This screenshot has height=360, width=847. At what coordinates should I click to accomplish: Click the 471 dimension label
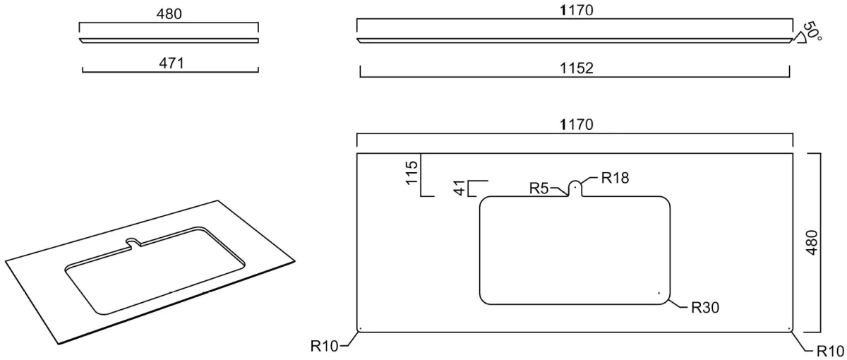pos(172,63)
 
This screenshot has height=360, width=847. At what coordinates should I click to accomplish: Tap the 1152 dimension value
pos(576,68)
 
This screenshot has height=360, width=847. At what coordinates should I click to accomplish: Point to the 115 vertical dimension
pos(412,172)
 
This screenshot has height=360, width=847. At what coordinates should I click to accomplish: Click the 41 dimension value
pos(459,188)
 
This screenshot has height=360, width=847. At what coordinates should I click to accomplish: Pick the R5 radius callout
pos(539,188)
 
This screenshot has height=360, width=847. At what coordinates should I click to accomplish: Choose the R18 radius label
pos(615,178)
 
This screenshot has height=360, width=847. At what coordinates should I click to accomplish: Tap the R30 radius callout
pos(705,308)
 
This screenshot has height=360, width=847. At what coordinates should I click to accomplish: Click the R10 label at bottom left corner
pos(324,346)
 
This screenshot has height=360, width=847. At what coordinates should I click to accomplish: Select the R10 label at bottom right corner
pos(830,351)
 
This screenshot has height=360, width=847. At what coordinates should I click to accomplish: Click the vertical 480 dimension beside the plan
pos(812,242)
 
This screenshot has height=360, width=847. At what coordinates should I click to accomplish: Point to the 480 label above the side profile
pos(169,14)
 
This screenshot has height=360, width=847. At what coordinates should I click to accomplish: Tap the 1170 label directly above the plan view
pos(576,124)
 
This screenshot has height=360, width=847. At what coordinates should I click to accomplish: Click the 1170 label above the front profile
pos(576,10)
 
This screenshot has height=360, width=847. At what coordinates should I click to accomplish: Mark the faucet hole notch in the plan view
pos(575,188)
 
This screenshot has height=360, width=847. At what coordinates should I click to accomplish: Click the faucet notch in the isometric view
pos(133,242)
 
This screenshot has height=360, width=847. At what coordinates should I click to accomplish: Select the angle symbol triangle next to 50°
pos(799,38)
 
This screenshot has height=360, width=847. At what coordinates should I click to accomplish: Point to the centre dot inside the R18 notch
pos(575,186)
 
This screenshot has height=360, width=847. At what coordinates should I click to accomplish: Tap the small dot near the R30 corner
pos(659,293)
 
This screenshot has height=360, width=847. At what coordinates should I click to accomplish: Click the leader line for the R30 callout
pos(678,304)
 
